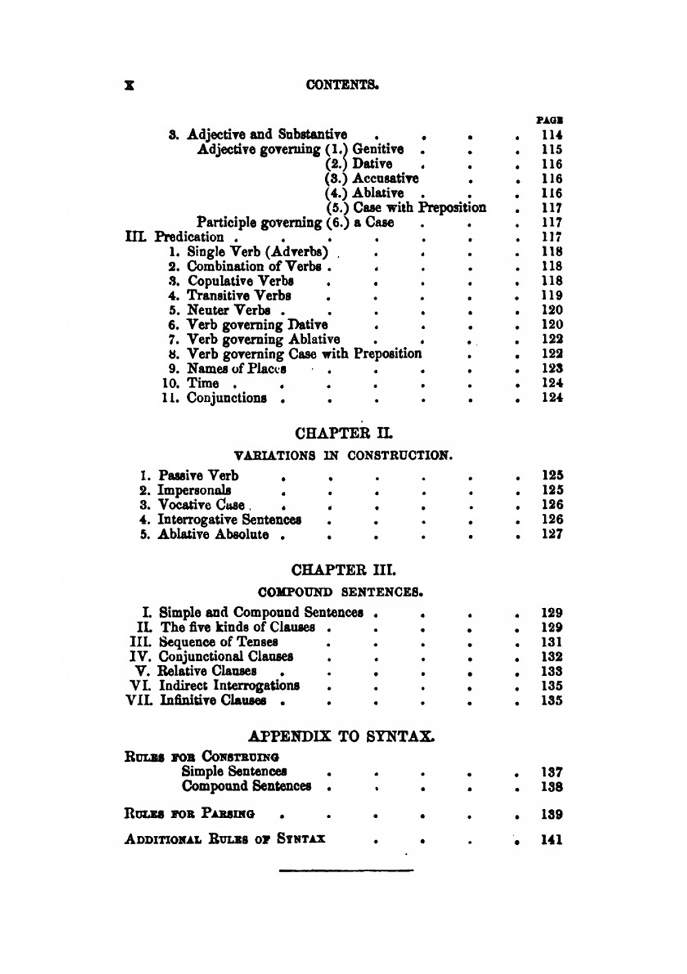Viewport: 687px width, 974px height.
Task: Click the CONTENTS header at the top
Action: (x=343, y=85)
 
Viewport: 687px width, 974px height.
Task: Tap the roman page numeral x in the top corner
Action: (x=128, y=85)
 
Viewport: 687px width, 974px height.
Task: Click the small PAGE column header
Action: (x=550, y=120)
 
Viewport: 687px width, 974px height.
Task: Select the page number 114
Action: (x=552, y=135)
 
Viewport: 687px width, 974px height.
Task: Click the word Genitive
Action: (x=378, y=149)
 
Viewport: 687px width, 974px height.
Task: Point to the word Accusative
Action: (x=385, y=179)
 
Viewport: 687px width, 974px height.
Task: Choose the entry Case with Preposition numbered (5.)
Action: (x=419, y=207)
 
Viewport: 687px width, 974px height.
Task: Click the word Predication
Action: (x=189, y=237)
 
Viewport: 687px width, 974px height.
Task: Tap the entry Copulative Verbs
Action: (x=240, y=281)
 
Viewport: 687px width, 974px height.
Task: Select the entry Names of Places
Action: (x=236, y=369)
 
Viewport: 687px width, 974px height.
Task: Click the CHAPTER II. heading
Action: (x=343, y=433)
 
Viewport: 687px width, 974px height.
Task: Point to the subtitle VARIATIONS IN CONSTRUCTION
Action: (x=343, y=455)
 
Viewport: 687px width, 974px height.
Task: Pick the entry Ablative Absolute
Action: (x=213, y=534)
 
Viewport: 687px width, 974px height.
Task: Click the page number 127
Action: (x=552, y=534)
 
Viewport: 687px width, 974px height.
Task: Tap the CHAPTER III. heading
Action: (x=343, y=570)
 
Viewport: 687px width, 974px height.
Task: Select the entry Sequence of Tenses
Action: (x=218, y=642)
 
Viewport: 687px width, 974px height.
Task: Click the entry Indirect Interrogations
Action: (x=229, y=686)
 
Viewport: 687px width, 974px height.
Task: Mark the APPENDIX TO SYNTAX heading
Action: (x=341, y=736)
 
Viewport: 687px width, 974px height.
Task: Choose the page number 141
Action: (x=552, y=839)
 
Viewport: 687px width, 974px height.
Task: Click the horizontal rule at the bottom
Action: (x=346, y=871)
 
